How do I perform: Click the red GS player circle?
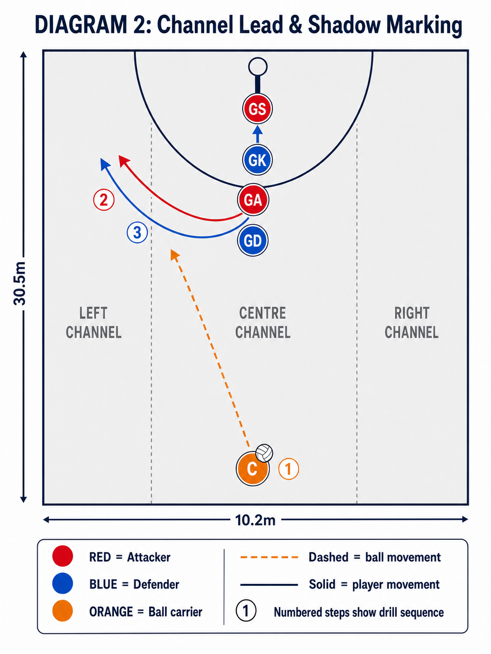(x=257, y=109)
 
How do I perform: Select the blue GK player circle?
(x=257, y=160)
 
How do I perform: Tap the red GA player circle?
(x=253, y=200)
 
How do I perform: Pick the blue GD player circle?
(x=253, y=240)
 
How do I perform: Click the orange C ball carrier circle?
(x=252, y=469)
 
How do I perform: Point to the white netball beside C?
(x=265, y=453)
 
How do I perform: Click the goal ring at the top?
(x=258, y=67)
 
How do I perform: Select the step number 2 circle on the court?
(x=104, y=200)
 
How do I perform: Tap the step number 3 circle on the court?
(x=137, y=233)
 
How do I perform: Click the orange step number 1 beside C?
(x=289, y=469)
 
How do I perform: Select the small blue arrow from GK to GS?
(x=258, y=134)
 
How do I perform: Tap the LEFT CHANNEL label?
(x=94, y=323)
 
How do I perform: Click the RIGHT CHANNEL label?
(x=411, y=323)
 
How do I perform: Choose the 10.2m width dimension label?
(x=255, y=521)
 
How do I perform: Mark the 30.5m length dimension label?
(x=20, y=284)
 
